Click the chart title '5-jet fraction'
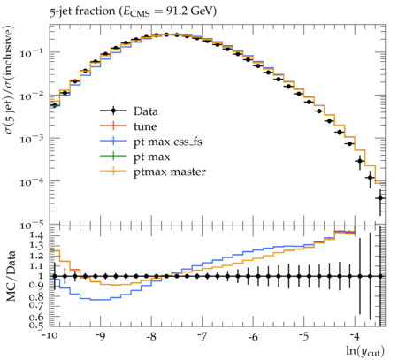(82, 11)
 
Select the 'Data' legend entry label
(146, 111)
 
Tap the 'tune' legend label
(145, 126)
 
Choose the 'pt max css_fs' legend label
(168, 142)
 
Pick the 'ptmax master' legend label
(170, 172)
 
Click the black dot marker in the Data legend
(113, 111)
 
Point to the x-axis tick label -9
(101, 336)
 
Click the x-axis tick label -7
(203, 336)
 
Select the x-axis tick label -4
(355, 336)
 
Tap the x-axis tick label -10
(50, 336)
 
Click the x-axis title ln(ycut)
(365, 351)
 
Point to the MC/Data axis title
(11, 276)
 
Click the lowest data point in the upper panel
(380, 198)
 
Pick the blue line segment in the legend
(113, 142)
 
